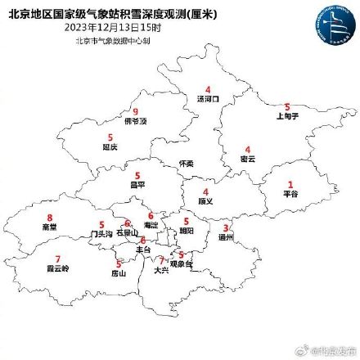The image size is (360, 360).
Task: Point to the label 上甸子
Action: click(286, 116)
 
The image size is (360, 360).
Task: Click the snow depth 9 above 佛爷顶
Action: click(136, 112)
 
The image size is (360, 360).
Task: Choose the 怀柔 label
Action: click(186, 164)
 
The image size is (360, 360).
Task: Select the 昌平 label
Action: click(137, 185)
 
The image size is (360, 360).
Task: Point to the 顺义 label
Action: click(205, 200)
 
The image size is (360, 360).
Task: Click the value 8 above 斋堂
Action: click(50, 218)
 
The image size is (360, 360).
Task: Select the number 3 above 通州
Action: click(227, 228)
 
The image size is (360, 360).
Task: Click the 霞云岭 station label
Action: click(58, 268)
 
